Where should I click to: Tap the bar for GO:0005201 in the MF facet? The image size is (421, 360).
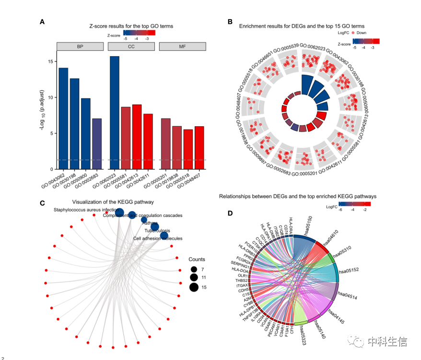165,144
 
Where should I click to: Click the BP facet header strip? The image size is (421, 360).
80,46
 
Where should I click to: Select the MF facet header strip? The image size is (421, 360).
182,46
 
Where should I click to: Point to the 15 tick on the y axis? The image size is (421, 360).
51,61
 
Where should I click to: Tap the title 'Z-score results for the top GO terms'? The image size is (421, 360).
131,26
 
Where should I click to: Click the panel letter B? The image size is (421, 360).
230,22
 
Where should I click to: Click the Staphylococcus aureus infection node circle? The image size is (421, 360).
119,213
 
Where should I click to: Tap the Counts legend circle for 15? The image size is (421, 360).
194,288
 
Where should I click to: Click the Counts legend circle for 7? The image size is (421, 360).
194,270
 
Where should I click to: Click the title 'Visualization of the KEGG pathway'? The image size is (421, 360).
113,202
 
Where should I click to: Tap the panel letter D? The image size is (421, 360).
230,214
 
